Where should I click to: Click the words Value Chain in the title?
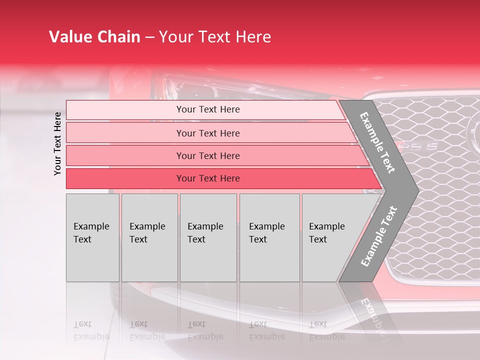pos(94,37)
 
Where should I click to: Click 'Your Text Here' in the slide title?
pos(215,37)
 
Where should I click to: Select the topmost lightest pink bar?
pos(207,109)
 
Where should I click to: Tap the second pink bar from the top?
pos(207,133)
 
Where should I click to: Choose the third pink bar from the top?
pos(207,155)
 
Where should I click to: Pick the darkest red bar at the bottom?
pos(207,178)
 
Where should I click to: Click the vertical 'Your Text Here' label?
pos(57,143)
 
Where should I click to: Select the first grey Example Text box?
pos(92,237)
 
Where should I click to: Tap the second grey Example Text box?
pos(149,237)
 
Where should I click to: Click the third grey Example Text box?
pos(207,237)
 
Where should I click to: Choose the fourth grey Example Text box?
pos(269,237)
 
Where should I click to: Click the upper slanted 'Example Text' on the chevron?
pos(378,142)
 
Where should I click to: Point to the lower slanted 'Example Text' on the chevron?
pos(379,236)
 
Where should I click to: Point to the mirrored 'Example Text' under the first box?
pos(91,331)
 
